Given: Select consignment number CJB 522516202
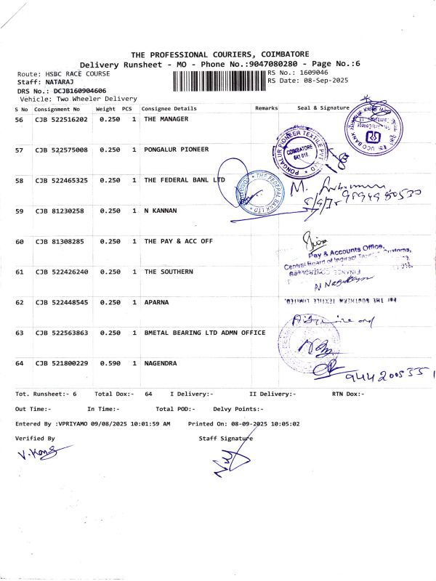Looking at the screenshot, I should pos(62,119).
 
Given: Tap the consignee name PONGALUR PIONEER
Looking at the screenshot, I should pos(177,150).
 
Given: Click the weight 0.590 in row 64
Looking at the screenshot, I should pos(109,363).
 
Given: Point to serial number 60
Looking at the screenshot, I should pos(20,241).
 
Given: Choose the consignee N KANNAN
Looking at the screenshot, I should pos(161,211).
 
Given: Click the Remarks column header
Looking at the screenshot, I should pos(266,108).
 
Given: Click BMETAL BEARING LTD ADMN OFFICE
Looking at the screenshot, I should pos(204,333).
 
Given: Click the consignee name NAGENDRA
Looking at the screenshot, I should pos(161,363).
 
